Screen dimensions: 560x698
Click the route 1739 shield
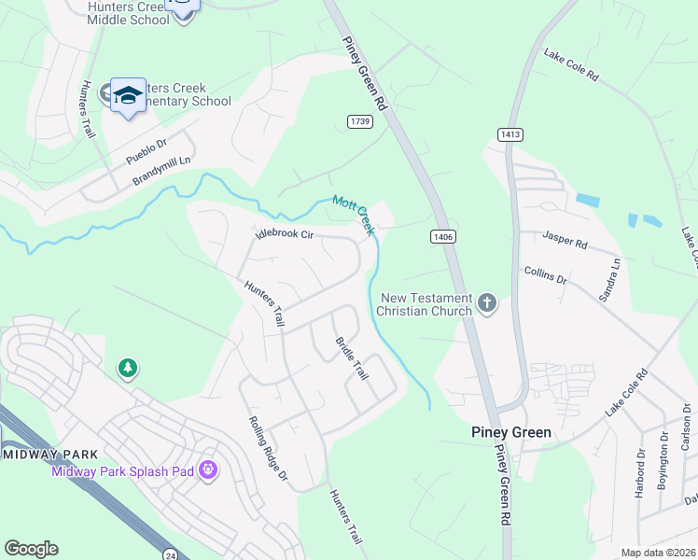(360, 122)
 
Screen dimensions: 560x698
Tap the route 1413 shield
(510, 134)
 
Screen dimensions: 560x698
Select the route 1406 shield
(443, 238)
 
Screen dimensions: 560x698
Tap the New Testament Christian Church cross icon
(486, 302)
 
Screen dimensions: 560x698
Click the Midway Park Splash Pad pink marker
(207, 469)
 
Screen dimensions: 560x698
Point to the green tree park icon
(127, 370)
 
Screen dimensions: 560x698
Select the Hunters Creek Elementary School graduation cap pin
(128, 96)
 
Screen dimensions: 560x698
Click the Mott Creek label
(354, 215)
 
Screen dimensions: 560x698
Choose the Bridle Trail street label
(352, 358)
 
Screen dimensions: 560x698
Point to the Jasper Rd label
(565, 243)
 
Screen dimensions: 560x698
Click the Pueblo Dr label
(147, 152)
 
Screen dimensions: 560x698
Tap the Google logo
(32, 549)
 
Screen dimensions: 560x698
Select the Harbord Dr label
(640, 474)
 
